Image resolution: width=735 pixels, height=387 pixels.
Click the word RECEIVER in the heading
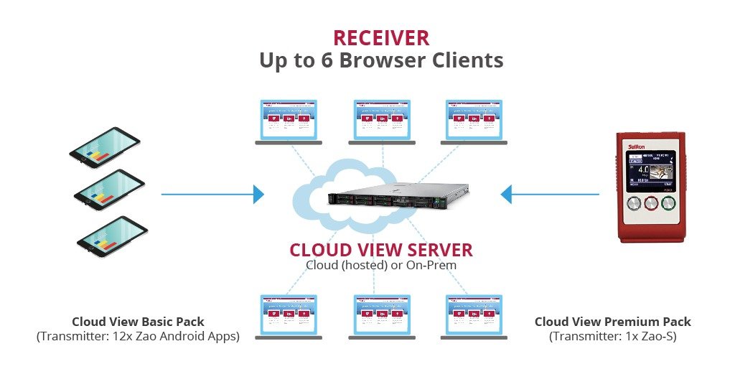point(381,37)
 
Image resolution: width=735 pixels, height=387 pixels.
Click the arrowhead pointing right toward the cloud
point(258,194)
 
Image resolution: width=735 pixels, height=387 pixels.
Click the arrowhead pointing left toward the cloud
point(506,194)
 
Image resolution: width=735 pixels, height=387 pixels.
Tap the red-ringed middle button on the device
point(651,203)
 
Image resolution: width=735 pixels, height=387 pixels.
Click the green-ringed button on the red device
point(669,203)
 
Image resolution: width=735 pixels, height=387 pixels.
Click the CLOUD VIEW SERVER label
point(381,250)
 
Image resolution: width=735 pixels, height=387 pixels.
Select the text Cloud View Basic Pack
point(137,322)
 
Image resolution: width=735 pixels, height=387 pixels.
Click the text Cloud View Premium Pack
point(612,322)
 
